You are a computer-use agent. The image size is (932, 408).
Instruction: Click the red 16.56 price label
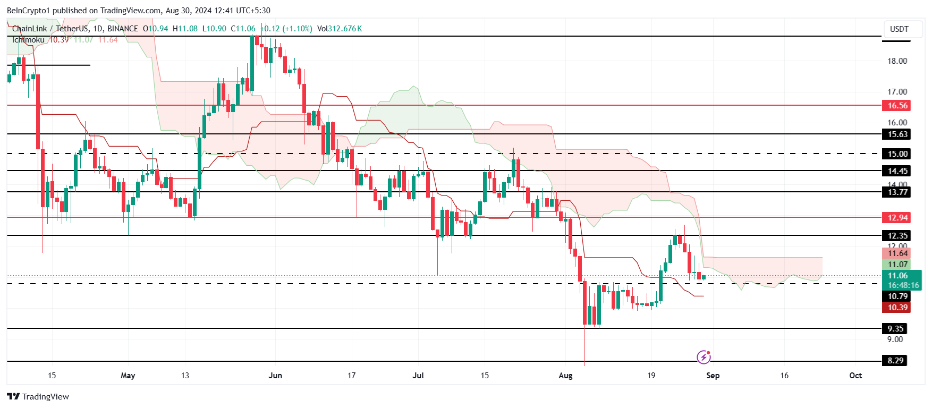pos(897,106)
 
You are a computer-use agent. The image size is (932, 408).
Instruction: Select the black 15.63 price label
pos(897,134)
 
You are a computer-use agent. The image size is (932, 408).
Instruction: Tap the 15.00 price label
pos(897,154)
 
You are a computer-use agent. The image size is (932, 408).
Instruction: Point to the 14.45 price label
pos(897,171)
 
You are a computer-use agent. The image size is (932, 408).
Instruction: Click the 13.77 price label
pos(897,192)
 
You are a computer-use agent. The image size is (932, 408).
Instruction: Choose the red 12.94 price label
pos(897,218)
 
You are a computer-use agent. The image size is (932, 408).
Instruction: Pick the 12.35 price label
pos(897,236)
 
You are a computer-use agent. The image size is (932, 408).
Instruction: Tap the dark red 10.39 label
pos(897,308)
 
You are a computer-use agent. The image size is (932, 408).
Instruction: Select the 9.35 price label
pos(895,329)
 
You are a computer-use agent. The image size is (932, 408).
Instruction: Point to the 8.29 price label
pos(895,361)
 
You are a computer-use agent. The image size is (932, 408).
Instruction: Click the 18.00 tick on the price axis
pos(897,61)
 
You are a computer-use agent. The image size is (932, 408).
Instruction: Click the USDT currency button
pos(899,29)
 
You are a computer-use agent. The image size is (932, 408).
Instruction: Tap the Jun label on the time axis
pos(275,376)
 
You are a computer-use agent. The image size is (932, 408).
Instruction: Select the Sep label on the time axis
pos(713,376)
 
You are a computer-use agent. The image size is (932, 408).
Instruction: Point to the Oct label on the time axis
pos(855,376)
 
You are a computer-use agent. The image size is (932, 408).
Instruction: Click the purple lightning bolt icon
pos(704,357)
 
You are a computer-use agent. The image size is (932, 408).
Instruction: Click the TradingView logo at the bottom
pos(38,397)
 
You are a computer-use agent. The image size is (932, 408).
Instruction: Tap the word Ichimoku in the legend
pos(29,40)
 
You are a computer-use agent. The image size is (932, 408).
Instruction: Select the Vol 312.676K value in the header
pos(340,29)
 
